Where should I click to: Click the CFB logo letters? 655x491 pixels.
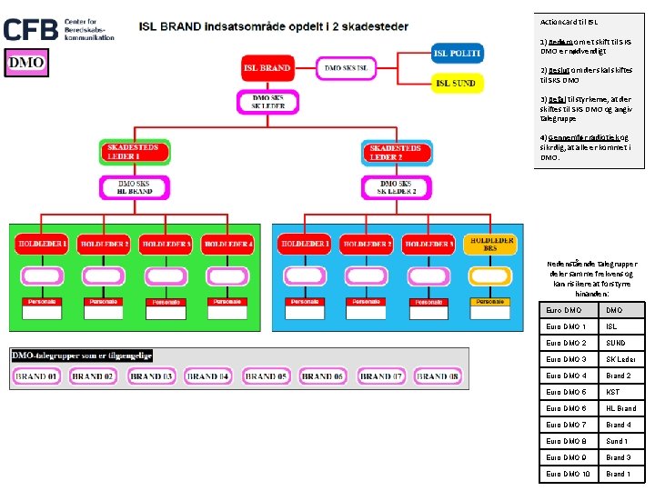(x=32, y=29)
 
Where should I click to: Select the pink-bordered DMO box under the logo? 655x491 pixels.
(x=26, y=63)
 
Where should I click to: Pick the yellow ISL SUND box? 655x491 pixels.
(x=456, y=83)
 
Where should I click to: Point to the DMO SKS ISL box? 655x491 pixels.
(x=346, y=67)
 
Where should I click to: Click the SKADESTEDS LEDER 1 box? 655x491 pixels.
(x=134, y=152)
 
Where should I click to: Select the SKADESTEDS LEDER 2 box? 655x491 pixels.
(x=397, y=152)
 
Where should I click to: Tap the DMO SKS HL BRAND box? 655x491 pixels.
(x=134, y=187)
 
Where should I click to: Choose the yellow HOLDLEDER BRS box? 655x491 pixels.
(x=489, y=245)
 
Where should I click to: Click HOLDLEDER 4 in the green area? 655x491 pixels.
(x=227, y=245)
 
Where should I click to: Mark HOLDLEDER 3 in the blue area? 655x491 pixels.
(x=428, y=245)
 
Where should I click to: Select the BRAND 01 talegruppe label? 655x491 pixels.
(x=36, y=376)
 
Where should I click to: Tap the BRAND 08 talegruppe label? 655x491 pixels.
(x=438, y=376)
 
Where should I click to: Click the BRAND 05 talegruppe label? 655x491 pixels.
(x=266, y=376)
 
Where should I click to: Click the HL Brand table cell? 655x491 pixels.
(x=620, y=408)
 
